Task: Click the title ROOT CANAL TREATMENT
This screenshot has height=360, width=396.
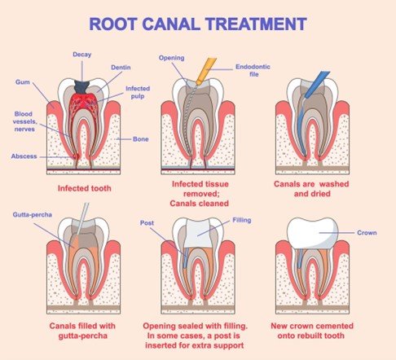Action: pos(199,23)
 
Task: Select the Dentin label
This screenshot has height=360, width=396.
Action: pos(120,69)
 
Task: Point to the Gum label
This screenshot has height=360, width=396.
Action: pos(22,82)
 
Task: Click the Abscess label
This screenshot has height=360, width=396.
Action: pos(24,156)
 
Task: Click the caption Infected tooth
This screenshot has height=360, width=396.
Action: pos(84,187)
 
